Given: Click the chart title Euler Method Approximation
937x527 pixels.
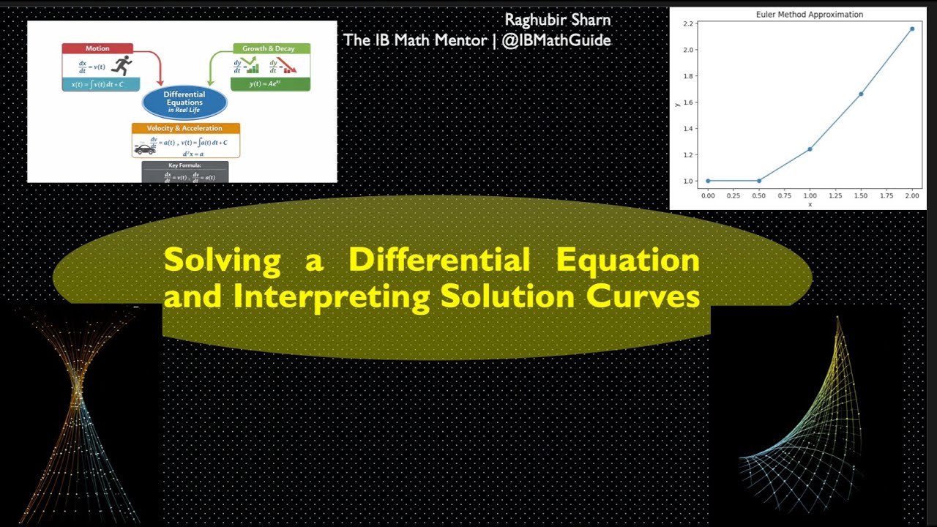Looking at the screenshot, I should click(x=809, y=15).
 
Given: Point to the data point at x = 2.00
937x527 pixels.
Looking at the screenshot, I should click(x=911, y=29).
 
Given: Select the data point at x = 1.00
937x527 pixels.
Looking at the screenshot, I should click(x=810, y=149).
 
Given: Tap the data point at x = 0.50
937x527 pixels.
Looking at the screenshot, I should click(x=758, y=181).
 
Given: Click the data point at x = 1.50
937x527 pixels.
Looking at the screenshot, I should click(x=861, y=94).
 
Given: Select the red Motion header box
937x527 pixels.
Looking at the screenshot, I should click(x=97, y=48).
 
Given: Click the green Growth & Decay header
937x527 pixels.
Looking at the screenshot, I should click(x=269, y=48).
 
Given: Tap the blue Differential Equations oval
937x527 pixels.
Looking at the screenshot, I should click(x=184, y=102).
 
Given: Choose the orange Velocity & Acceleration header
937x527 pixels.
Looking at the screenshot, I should click(x=185, y=128).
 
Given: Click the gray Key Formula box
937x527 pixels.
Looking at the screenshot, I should click(x=184, y=172).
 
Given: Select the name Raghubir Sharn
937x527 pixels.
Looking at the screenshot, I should click(x=557, y=20).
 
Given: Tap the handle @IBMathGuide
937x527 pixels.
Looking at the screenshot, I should click(x=556, y=40).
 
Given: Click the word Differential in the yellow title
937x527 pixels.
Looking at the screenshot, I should click(x=438, y=260).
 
